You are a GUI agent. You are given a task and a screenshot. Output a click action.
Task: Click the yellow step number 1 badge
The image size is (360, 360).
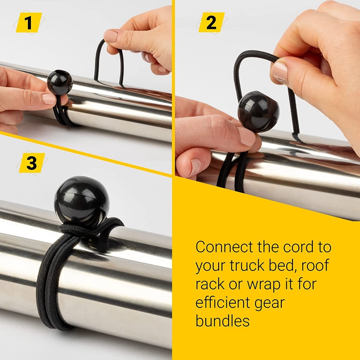(x=29, y=22)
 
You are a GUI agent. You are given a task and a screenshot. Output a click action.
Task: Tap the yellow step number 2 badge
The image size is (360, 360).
(x=211, y=22)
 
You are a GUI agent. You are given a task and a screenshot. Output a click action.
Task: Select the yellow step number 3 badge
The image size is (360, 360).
(x=31, y=163)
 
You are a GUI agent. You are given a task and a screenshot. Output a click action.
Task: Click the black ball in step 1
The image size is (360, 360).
(x=60, y=82)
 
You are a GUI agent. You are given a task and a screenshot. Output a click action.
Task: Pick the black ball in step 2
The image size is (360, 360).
(x=258, y=111)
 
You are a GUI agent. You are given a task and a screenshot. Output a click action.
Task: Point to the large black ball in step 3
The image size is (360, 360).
(x=81, y=201)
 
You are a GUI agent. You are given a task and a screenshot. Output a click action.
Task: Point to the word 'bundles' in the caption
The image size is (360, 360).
(x=222, y=320)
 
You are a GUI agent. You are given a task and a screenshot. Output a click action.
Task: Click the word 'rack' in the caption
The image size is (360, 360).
(x=209, y=283)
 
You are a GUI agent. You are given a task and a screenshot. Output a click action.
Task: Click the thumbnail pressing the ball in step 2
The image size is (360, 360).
(x=247, y=136)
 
